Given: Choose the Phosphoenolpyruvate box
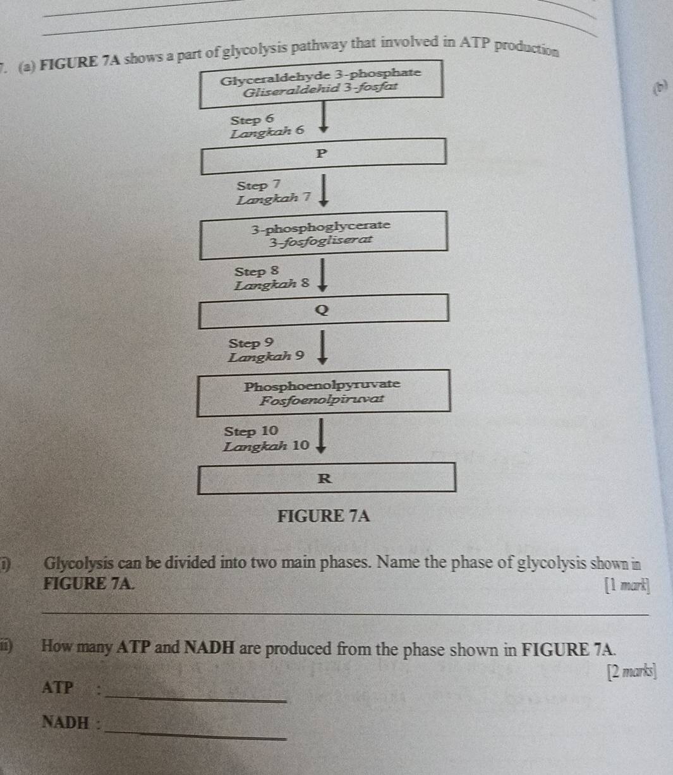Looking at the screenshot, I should [x=324, y=392].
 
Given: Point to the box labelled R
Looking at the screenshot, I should [x=326, y=478].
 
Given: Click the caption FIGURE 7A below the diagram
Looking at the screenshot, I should [x=324, y=516].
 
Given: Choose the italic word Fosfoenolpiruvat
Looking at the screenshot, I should [x=322, y=400].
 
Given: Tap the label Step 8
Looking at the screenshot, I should [x=256, y=272].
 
